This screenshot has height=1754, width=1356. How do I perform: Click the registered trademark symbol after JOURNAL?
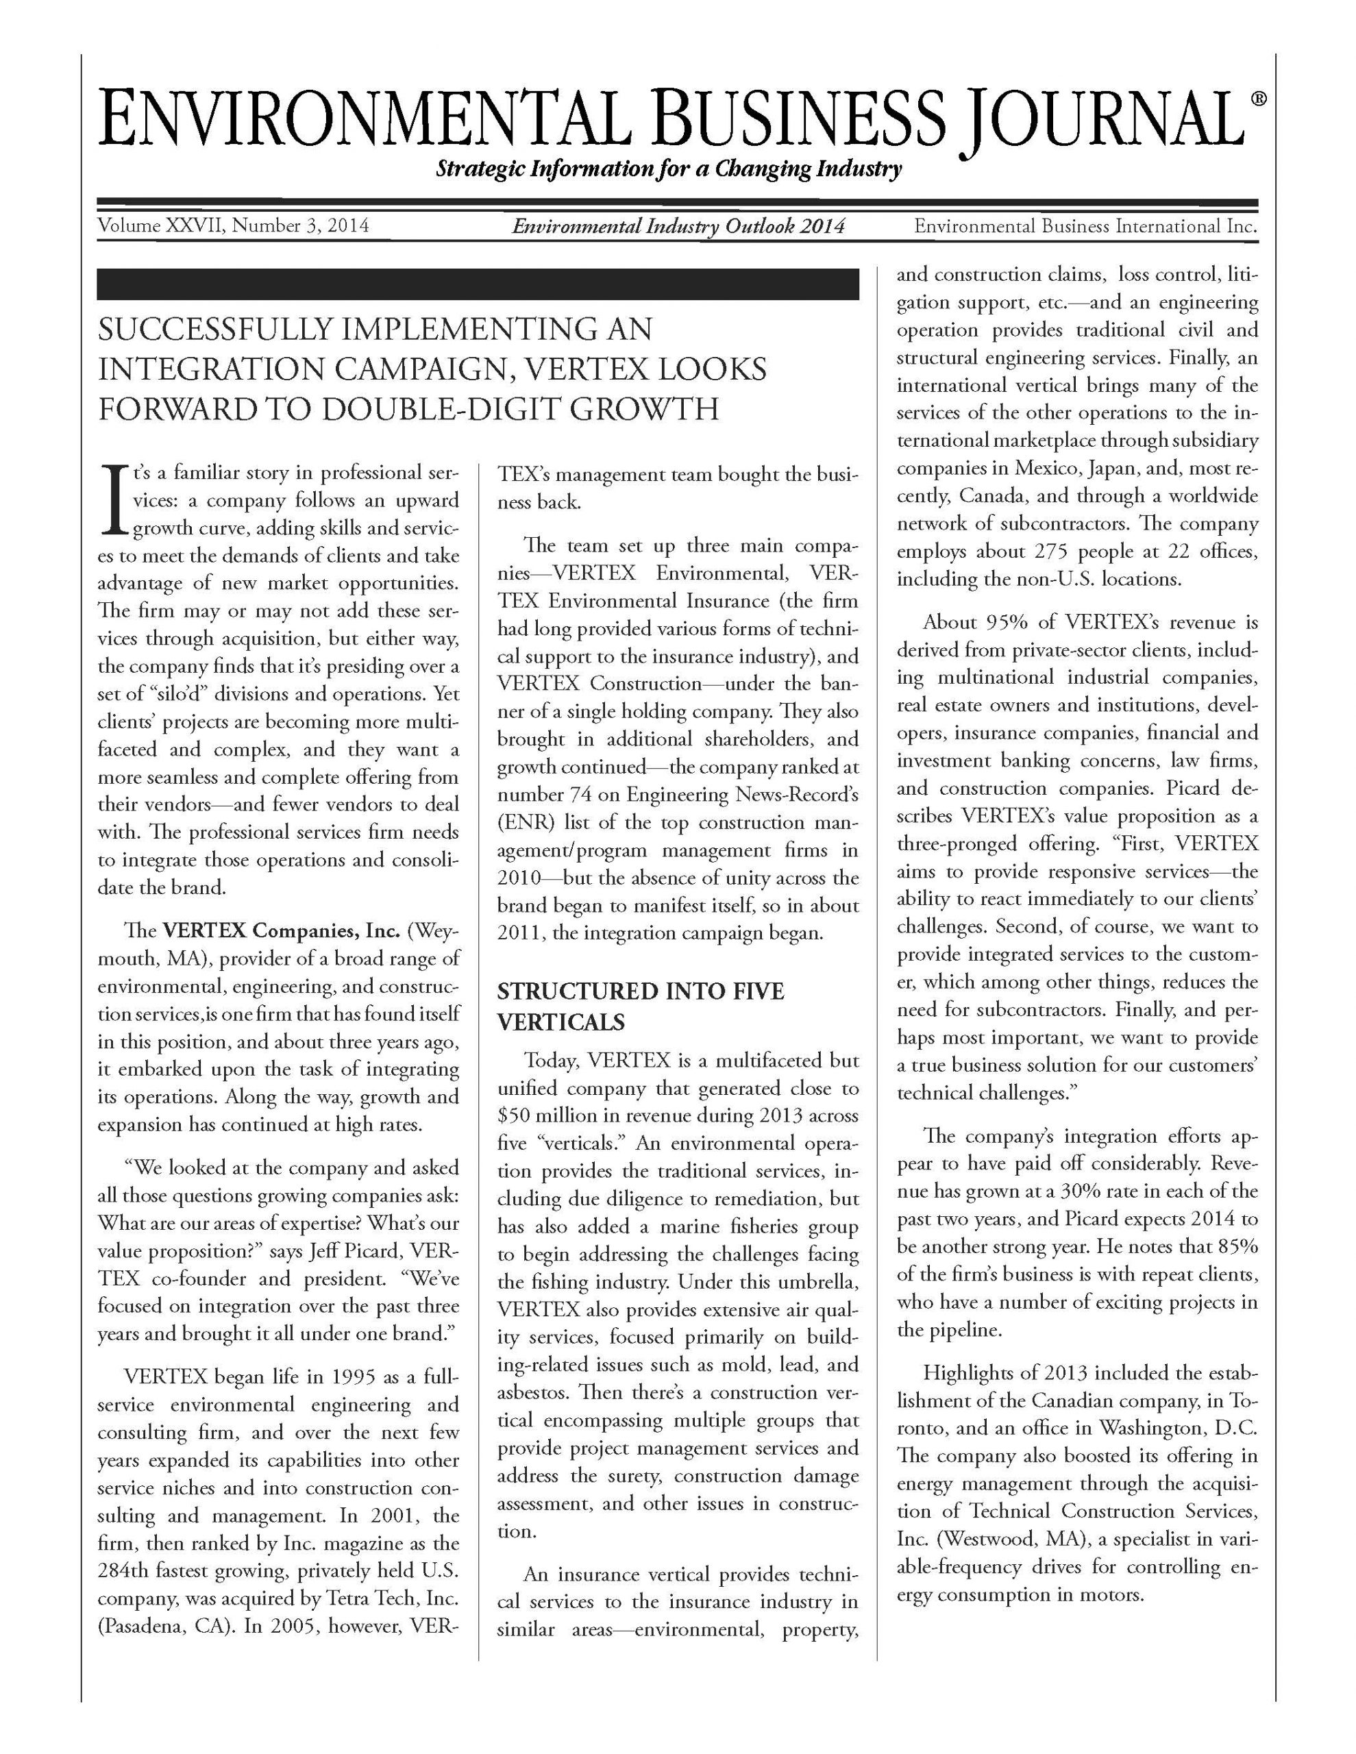[1259, 99]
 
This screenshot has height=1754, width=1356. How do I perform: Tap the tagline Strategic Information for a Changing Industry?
[667, 169]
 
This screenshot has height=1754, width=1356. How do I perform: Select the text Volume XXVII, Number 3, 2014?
[232, 225]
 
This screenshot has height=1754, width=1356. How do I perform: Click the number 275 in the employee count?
[1049, 552]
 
